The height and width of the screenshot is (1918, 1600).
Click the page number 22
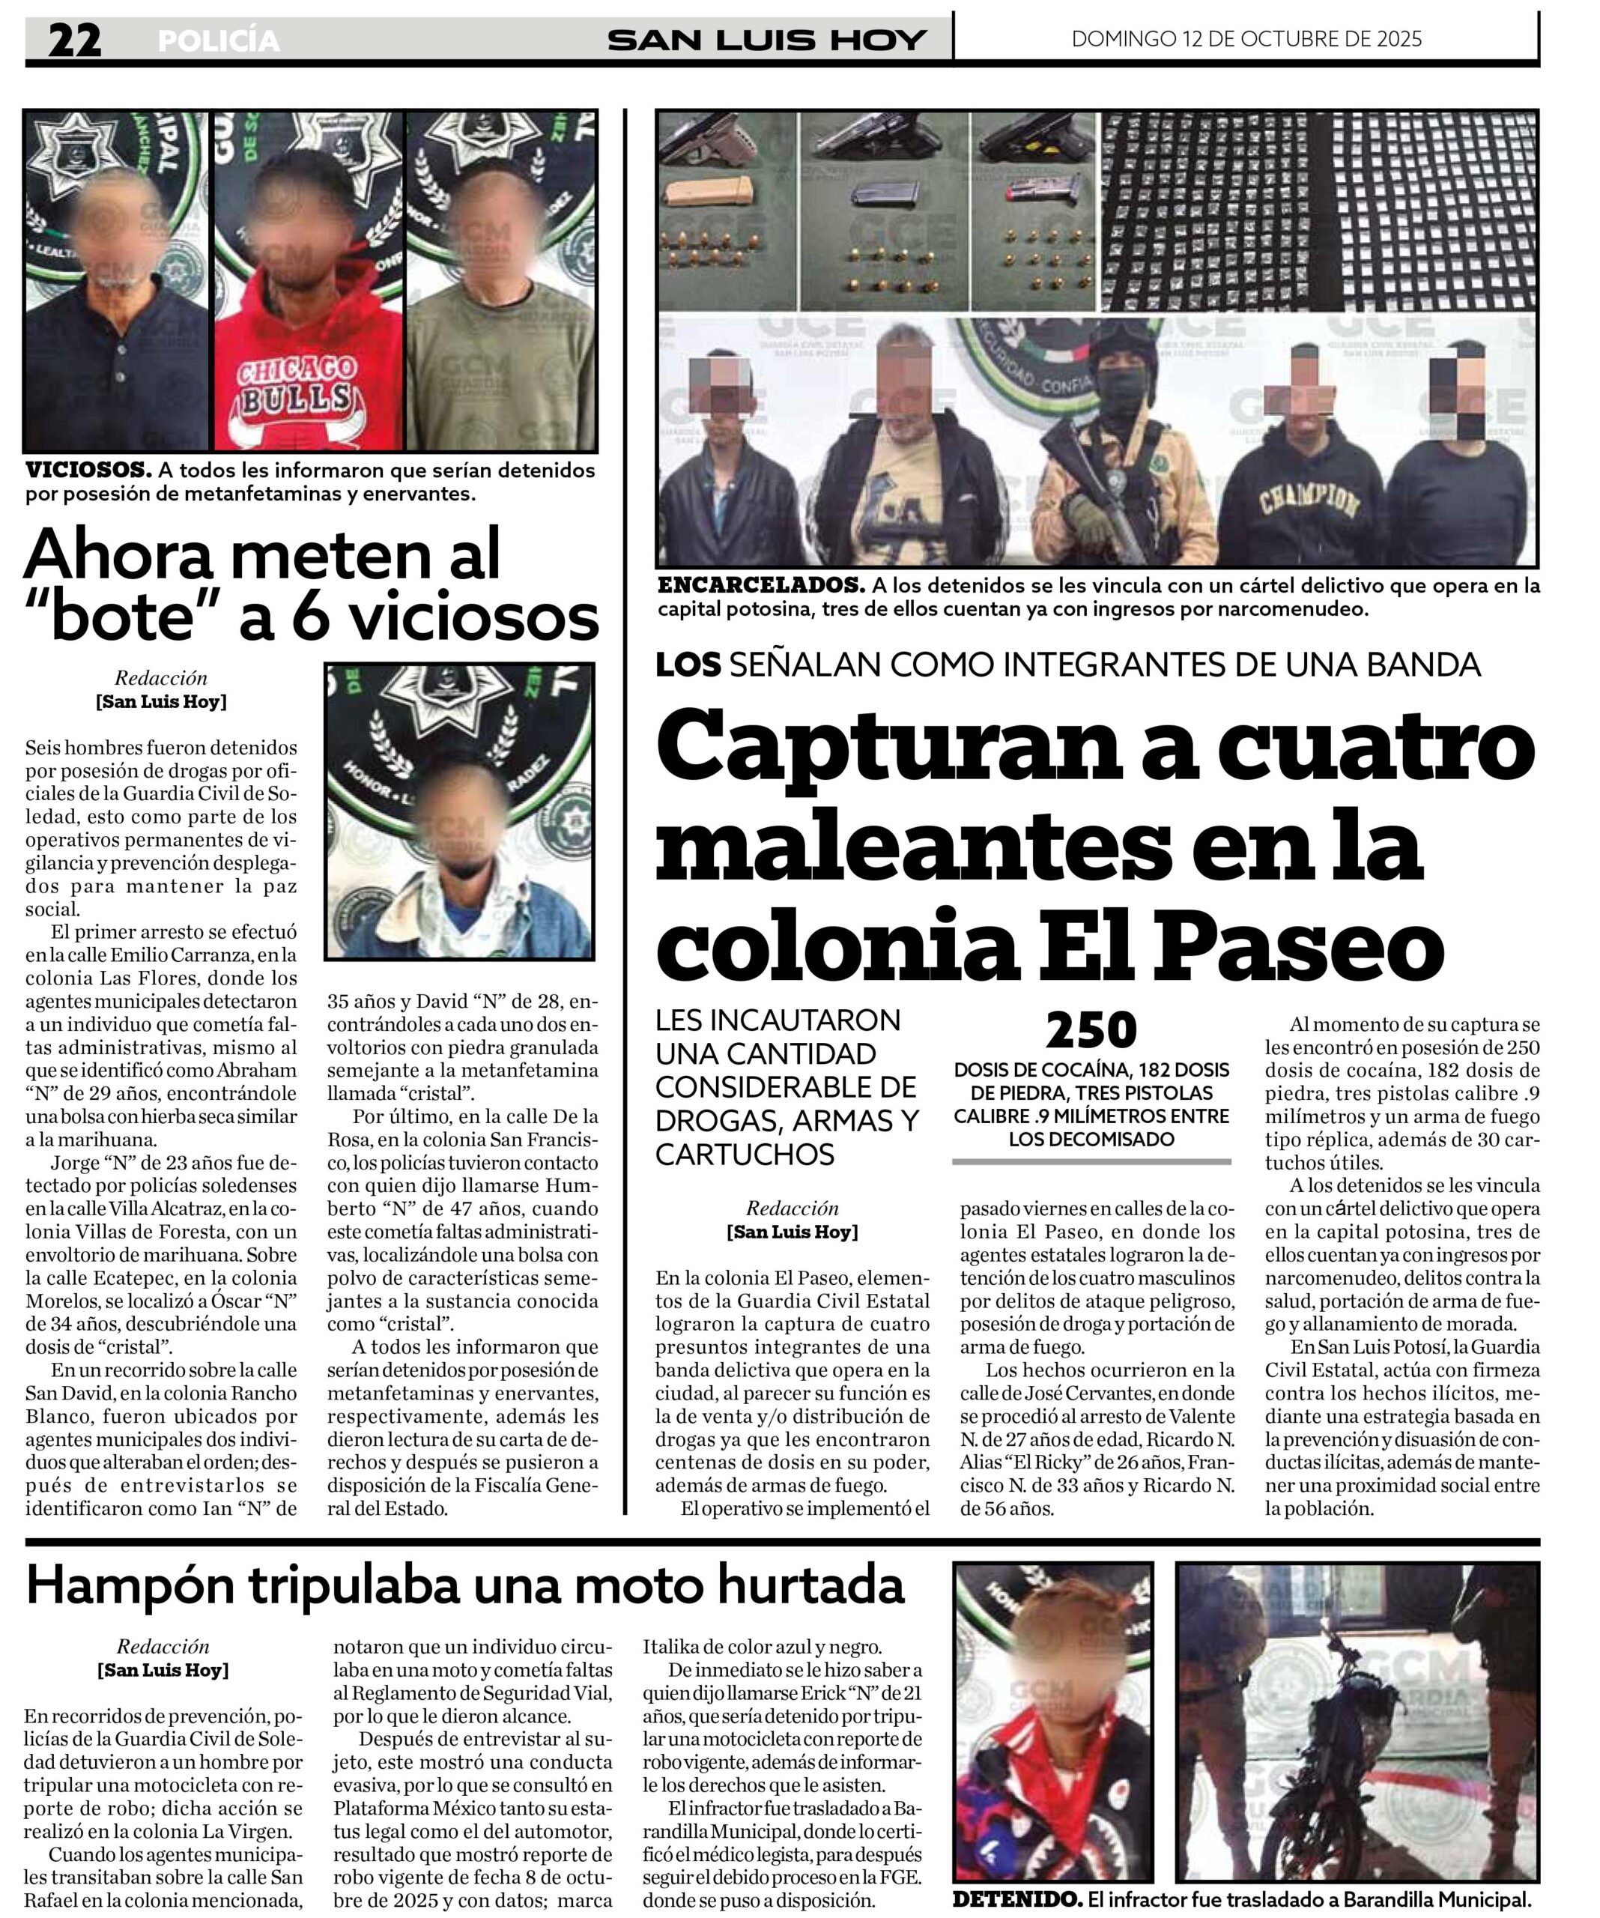[x=75, y=40]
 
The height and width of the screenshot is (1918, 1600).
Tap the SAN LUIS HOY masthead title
[x=767, y=40]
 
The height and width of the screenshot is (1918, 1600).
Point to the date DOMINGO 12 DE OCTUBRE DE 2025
[x=1246, y=38]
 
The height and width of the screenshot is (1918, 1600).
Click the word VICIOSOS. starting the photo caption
[x=88, y=471]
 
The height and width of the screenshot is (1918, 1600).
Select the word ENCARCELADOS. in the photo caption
[x=760, y=584]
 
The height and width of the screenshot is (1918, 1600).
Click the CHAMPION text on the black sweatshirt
[x=1309, y=500]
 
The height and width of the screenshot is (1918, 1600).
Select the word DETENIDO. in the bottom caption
[x=1016, y=1899]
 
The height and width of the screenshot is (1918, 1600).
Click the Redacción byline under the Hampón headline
[x=163, y=1646]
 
